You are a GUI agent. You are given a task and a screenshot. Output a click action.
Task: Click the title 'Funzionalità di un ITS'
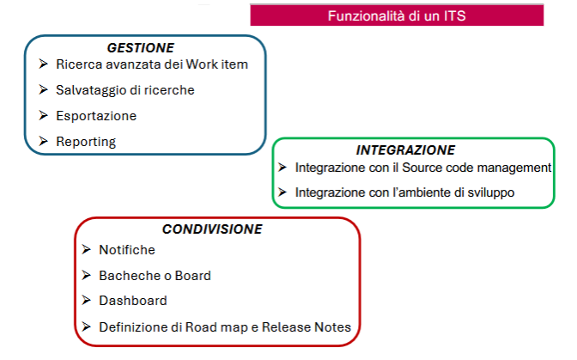tap(397, 15)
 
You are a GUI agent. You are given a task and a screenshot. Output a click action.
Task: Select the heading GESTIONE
tap(141, 48)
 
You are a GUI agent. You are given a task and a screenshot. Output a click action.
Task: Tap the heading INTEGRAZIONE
tap(405, 150)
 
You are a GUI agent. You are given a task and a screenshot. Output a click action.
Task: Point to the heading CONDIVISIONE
tap(212, 229)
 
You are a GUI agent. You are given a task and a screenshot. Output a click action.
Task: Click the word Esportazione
tap(96, 116)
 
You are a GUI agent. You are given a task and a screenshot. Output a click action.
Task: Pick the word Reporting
tap(86, 142)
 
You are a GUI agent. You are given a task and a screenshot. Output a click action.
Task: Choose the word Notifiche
tap(127, 250)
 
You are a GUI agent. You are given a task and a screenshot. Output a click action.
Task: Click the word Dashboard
tap(133, 301)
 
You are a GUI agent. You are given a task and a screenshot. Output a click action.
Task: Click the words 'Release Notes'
tap(307, 327)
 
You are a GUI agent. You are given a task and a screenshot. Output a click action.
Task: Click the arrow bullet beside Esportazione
tap(44, 116)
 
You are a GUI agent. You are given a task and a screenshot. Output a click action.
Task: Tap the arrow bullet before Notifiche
tap(87, 249)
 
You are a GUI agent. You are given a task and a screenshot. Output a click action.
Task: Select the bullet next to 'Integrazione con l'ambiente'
tap(282, 192)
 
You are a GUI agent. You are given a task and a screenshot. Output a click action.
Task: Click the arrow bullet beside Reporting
tap(44, 142)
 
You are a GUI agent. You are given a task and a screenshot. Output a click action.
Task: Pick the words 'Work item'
tap(216, 64)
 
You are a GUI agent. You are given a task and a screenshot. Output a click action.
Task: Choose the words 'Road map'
tap(216, 327)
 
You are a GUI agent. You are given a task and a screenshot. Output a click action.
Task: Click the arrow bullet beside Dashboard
tap(87, 301)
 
